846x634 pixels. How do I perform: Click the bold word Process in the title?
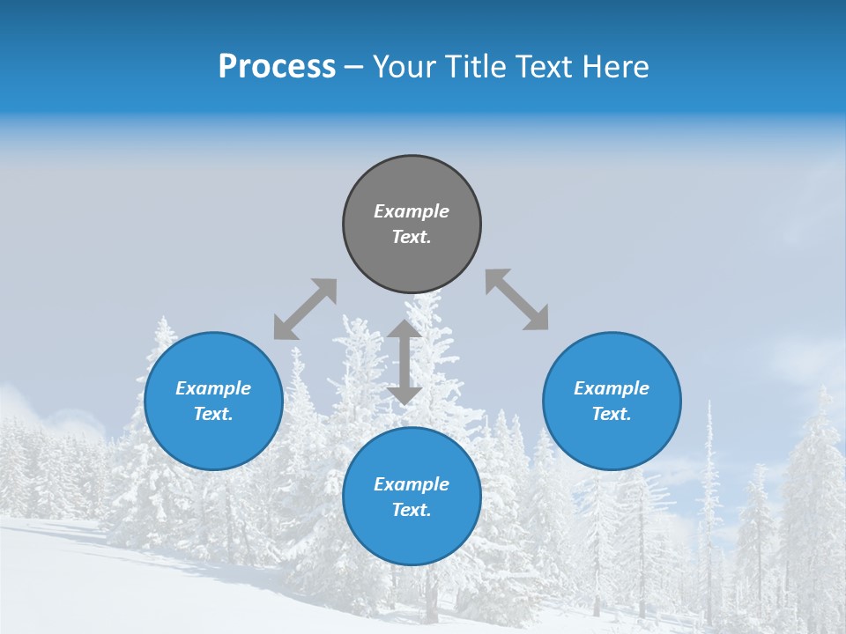[x=277, y=67]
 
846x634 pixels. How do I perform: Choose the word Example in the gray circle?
[x=412, y=211]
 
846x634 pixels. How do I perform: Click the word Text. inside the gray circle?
[x=412, y=237]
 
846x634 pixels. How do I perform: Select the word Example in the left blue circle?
[x=213, y=388]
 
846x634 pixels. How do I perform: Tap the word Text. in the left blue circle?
[x=213, y=414]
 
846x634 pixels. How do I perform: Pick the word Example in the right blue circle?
[x=612, y=388]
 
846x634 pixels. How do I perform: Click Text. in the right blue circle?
[x=612, y=414]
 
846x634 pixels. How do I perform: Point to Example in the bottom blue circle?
[x=412, y=484]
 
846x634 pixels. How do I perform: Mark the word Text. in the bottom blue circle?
[x=412, y=510]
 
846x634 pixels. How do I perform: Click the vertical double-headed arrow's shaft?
[x=404, y=362]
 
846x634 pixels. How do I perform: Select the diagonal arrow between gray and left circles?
[x=305, y=309]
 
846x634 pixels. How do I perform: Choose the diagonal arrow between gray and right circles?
[x=517, y=299]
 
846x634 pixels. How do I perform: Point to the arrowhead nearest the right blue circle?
[x=538, y=319]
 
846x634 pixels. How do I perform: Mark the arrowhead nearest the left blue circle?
[x=284, y=329]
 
